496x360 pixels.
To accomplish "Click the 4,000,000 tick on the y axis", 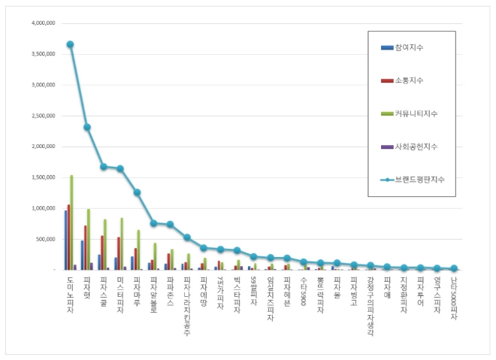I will pos(43,23).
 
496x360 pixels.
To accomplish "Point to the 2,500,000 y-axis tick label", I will pos(43,116).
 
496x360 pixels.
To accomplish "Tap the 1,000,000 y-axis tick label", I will pos(43,208).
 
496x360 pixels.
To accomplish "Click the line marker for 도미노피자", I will pos(70,44).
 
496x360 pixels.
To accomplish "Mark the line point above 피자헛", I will pos(87,127).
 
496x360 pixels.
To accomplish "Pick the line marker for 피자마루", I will pos(137,192).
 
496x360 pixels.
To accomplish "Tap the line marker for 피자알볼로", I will pos(153,223).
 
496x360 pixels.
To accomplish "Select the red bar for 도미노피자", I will pos(68,237).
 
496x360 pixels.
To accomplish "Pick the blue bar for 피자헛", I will pos(82,255).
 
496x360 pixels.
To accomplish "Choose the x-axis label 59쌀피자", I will pos(253,289).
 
